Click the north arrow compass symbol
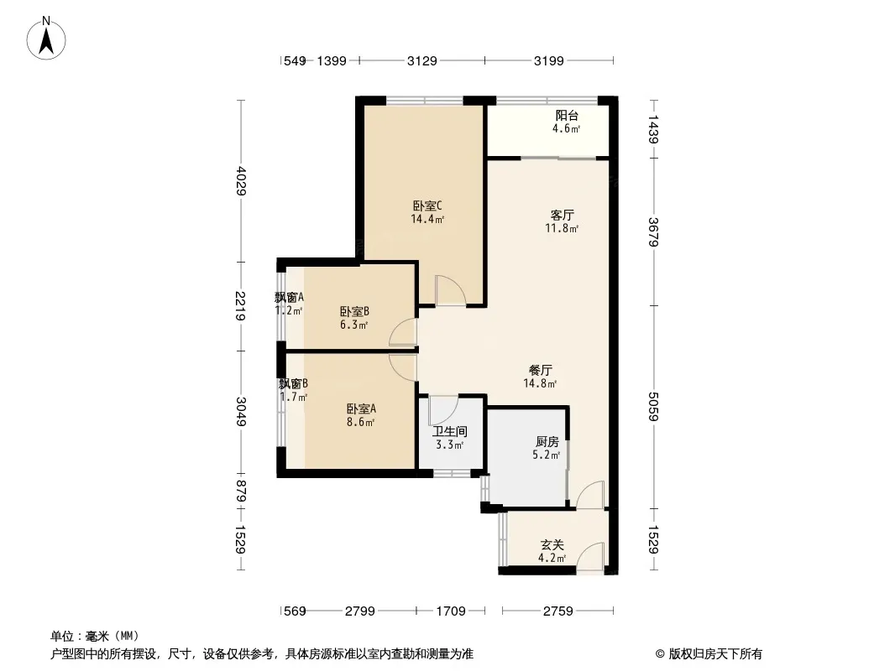click(46, 38)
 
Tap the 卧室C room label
click(427, 205)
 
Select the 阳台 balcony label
click(567, 116)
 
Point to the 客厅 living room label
click(563, 215)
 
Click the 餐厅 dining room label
click(541, 370)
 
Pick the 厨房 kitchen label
click(547, 442)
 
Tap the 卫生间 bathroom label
click(450, 432)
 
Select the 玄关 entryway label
click(552, 545)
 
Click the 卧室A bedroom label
click(361, 408)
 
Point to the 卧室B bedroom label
click(354, 311)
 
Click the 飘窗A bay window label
click(290, 297)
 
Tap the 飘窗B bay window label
click(294, 383)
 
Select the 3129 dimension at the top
click(421, 60)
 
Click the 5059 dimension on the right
click(653, 407)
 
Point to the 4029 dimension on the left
click(241, 180)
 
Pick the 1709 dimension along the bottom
click(451, 611)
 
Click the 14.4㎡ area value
click(427, 219)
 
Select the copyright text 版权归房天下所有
click(715, 654)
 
